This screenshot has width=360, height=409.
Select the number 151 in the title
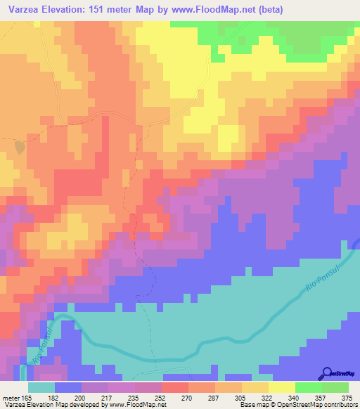101,8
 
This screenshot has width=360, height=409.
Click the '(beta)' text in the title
271,8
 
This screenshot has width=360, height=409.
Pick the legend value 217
106,397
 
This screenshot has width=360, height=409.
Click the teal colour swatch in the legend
41,387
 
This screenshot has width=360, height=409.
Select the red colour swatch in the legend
174,387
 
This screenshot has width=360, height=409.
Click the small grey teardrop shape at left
19,146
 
